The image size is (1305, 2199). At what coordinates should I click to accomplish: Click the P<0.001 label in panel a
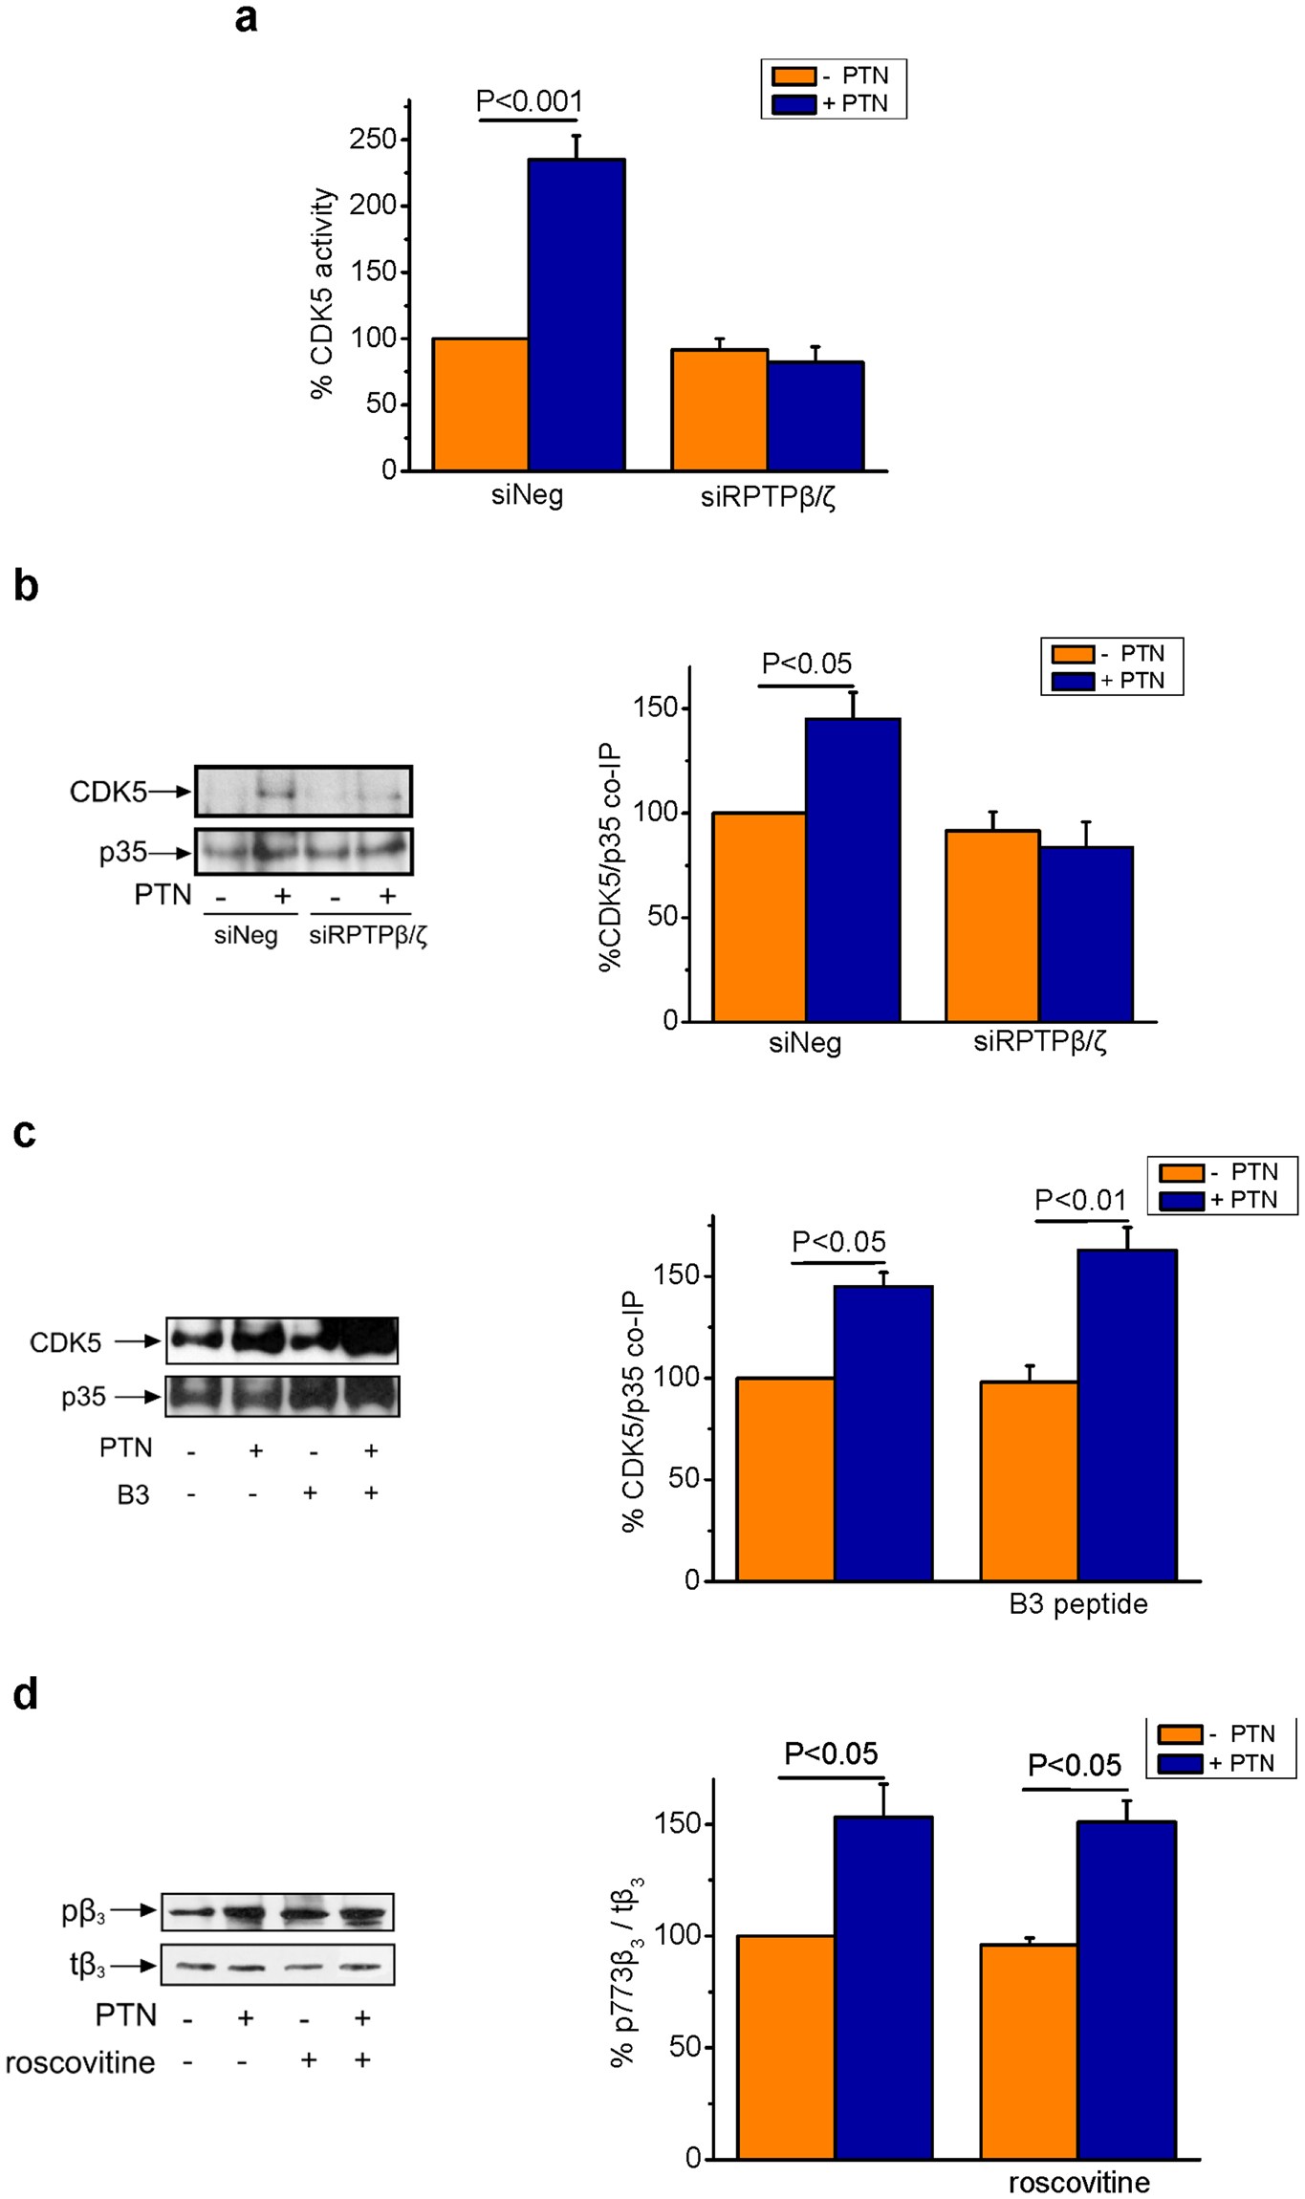[x=529, y=101]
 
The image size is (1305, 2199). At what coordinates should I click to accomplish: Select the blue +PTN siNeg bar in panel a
[x=576, y=316]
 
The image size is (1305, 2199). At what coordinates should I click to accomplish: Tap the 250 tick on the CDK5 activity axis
[x=372, y=140]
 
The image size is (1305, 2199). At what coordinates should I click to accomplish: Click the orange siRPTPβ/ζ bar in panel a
[x=719, y=410]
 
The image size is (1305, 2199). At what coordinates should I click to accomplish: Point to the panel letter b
[x=26, y=585]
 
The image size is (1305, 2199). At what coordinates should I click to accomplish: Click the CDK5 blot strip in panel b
[x=303, y=792]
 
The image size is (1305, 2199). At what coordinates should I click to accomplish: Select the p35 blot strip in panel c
[x=282, y=1397]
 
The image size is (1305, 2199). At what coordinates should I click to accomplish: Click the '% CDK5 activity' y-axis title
[x=323, y=293]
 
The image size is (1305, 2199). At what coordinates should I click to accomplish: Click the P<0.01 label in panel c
[x=1080, y=1200]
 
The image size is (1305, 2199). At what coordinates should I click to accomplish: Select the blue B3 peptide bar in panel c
[x=1126, y=1415]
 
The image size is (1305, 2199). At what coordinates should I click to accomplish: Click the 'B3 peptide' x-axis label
[x=1077, y=1604]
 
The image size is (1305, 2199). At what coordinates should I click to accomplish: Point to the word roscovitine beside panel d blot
[x=80, y=2062]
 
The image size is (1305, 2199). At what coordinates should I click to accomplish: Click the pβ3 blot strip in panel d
[x=277, y=1912]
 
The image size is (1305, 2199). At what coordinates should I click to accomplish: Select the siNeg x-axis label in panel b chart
[x=805, y=1042]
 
